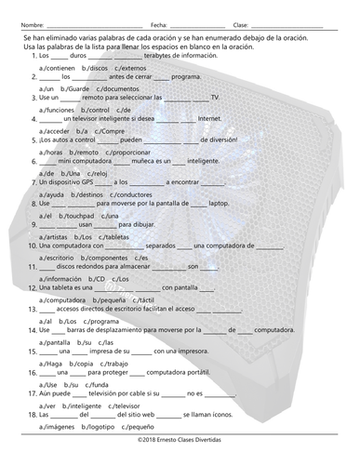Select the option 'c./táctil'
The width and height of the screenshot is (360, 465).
147,299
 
